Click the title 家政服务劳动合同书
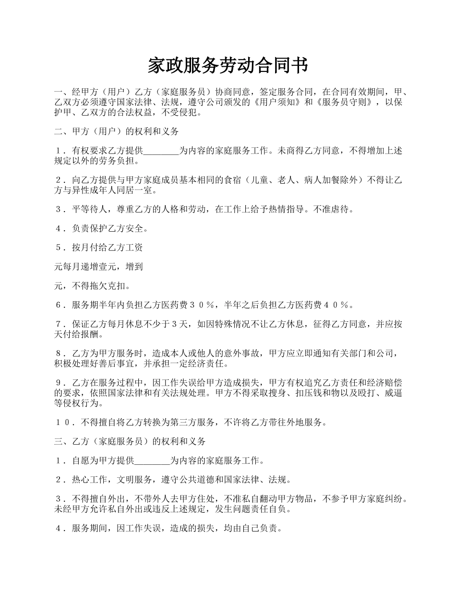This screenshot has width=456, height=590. tap(228, 66)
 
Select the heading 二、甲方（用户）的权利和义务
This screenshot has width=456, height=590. tap(117, 131)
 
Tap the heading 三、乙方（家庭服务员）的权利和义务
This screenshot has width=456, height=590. tap(130, 441)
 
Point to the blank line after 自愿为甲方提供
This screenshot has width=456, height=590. tap(152, 461)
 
